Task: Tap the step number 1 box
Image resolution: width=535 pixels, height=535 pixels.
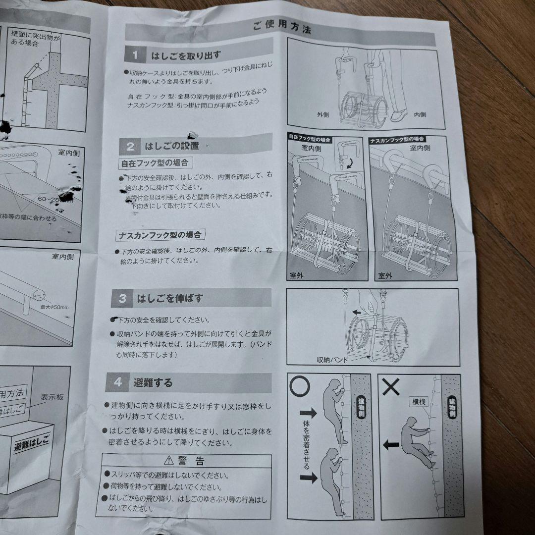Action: pyautogui.click(x=136, y=54)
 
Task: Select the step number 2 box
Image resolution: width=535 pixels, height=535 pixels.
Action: pyautogui.click(x=130, y=146)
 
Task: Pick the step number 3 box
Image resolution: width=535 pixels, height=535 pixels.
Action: pyautogui.click(x=122, y=299)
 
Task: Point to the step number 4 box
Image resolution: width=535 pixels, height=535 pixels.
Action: pyautogui.click(x=117, y=382)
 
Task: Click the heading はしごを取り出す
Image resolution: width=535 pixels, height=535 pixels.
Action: pyautogui.click(x=183, y=54)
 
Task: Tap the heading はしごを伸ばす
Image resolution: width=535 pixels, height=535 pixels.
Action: pyautogui.click(x=170, y=299)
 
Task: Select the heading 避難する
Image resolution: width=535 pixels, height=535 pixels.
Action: pyautogui.click(x=153, y=382)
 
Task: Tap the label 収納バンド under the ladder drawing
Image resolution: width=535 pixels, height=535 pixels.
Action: pyautogui.click(x=333, y=360)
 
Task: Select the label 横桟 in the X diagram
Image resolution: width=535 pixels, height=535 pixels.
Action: pyautogui.click(x=419, y=402)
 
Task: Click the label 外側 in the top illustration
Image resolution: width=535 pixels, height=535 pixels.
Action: pyautogui.click(x=323, y=114)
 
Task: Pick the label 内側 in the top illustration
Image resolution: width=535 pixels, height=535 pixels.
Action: pyautogui.click(x=421, y=114)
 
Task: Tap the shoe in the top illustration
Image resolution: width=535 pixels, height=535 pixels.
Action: pyautogui.click(x=399, y=115)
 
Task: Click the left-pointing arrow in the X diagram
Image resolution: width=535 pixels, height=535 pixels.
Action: pyautogui.click(x=391, y=444)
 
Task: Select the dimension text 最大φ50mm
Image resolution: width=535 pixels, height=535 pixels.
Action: pyautogui.click(x=55, y=308)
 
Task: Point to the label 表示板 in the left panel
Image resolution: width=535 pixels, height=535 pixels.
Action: pyautogui.click(x=53, y=397)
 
